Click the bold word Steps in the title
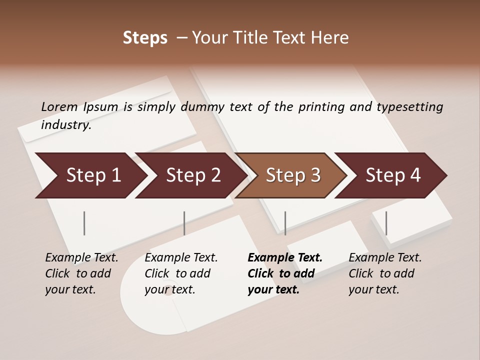point(145,38)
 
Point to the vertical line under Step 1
point(84,223)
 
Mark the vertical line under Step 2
point(184,223)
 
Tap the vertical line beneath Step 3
point(285,223)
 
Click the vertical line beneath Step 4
point(386,223)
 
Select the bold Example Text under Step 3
point(285,258)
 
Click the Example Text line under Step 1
point(81,258)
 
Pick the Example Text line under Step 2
point(181,258)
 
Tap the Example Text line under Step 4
point(385,258)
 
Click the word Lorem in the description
point(59,107)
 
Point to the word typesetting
point(409,107)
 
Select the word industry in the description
point(65,125)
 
